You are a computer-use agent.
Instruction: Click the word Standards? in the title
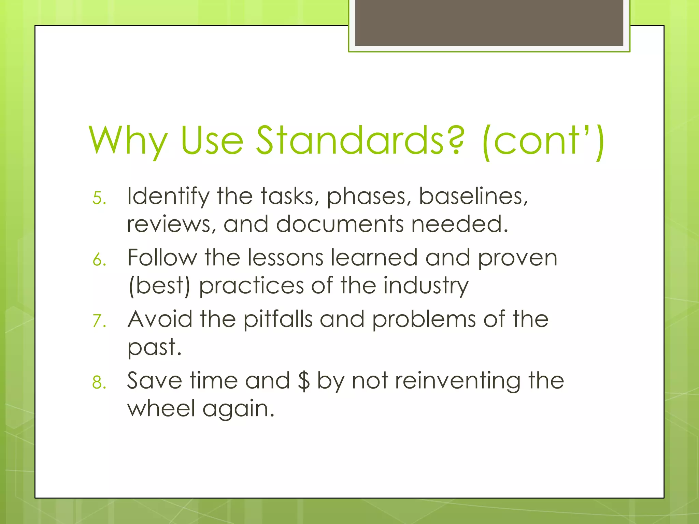pyautogui.click(x=360, y=140)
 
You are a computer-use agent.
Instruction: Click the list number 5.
pyautogui.click(x=99, y=198)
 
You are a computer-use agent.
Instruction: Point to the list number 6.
pyautogui.click(x=99, y=260)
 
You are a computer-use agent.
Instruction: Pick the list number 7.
pyautogui.click(x=99, y=321)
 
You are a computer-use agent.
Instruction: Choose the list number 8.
pyautogui.click(x=99, y=382)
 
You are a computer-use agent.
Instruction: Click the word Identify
pyautogui.click(x=168, y=197)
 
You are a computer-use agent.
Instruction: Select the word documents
pyautogui.click(x=340, y=224)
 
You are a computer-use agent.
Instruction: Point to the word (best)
pyautogui.click(x=159, y=286)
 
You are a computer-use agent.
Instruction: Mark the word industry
pyautogui.click(x=426, y=286)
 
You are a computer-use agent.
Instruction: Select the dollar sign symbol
pyautogui.click(x=303, y=381)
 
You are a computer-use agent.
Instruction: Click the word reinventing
pyautogui.click(x=458, y=381)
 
